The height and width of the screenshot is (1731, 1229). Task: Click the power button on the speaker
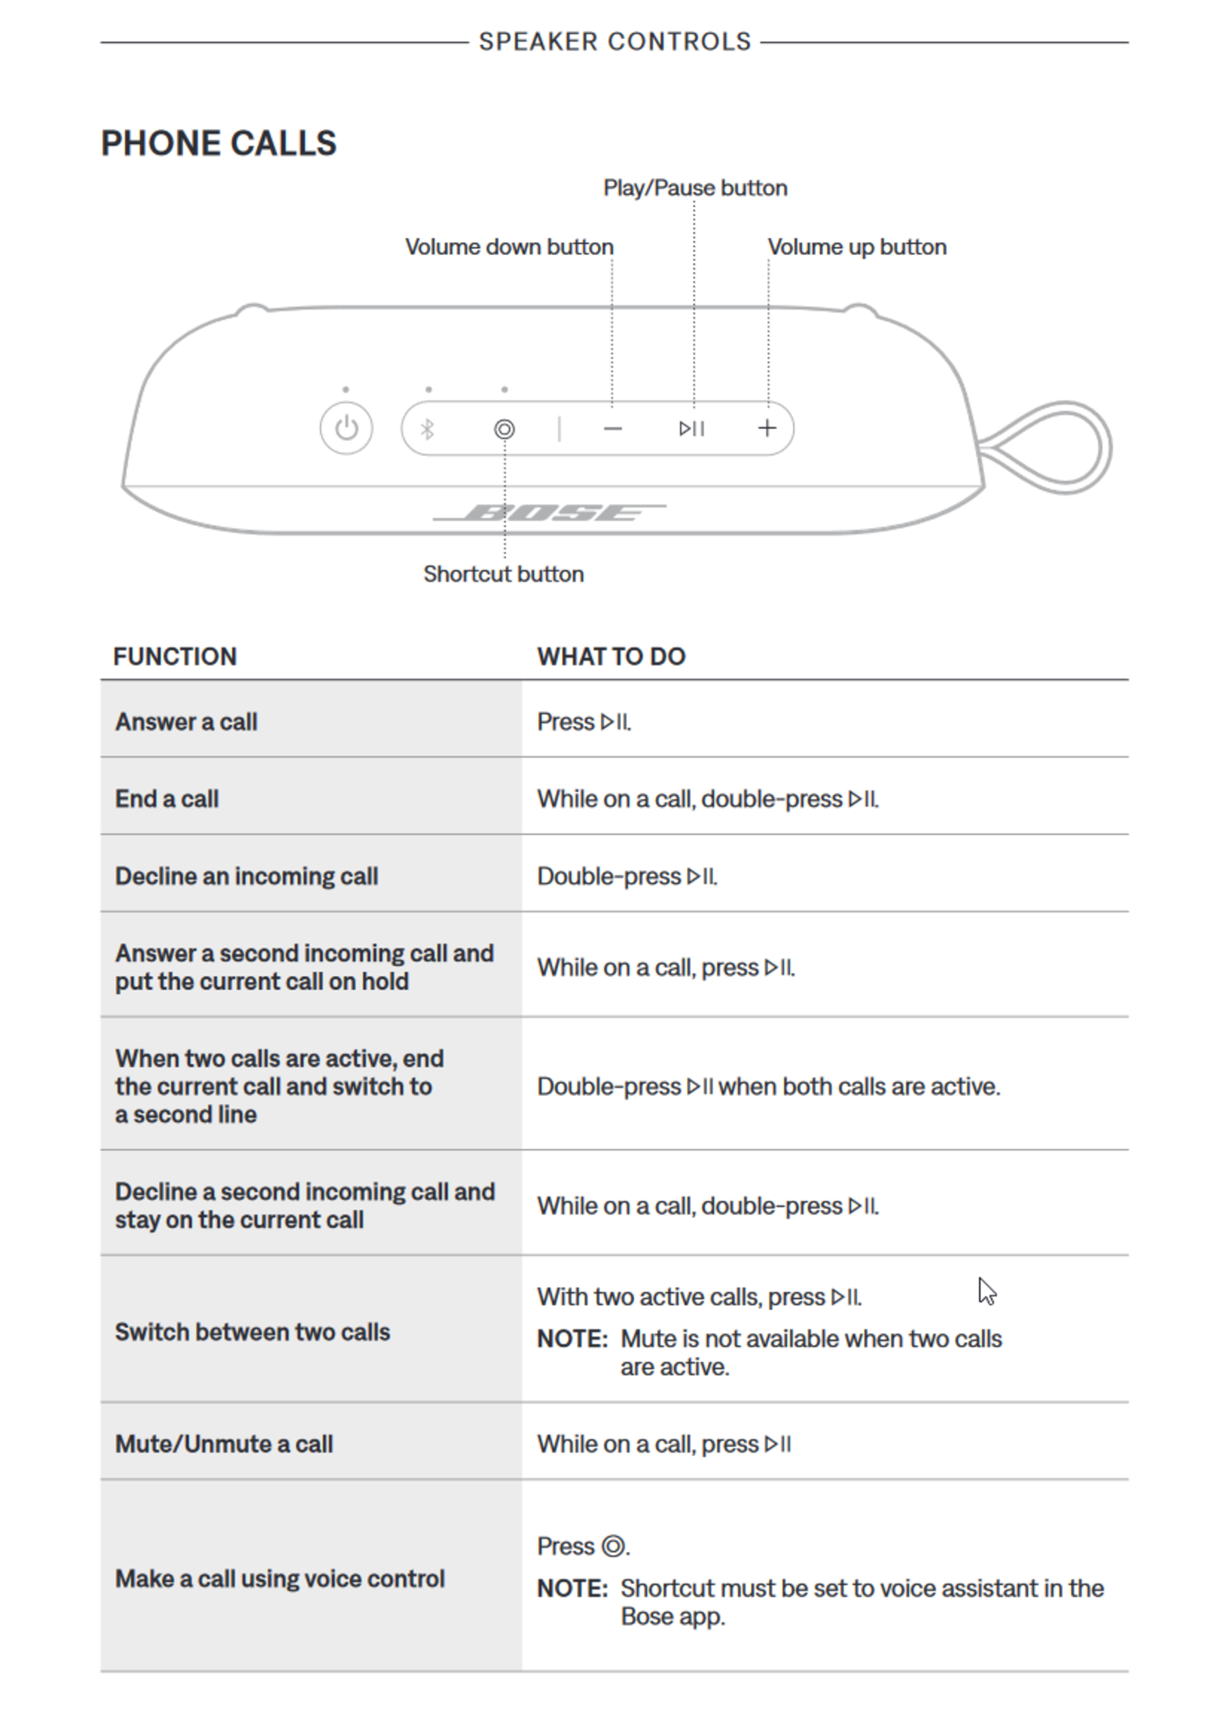coord(346,428)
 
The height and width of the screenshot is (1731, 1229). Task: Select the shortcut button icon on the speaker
coord(504,429)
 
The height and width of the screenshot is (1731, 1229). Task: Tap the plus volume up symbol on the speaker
coord(767,428)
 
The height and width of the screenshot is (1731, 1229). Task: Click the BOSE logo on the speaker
coord(550,513)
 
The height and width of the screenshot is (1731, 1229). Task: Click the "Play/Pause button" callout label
coord(695,188)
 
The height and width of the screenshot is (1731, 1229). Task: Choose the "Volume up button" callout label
coord(857,247)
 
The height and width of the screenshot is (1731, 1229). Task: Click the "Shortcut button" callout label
coord(503,574)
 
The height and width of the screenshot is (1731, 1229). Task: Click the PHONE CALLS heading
coord(219,143)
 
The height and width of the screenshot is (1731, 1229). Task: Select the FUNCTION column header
coord(175,656)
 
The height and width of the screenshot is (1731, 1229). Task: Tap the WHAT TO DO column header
coord(611,656)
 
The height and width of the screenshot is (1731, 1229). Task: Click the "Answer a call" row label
coord(186,721)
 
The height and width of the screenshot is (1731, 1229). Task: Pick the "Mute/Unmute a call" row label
coord(224,1444)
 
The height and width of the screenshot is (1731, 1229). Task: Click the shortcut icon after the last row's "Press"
coord(613,1546)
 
